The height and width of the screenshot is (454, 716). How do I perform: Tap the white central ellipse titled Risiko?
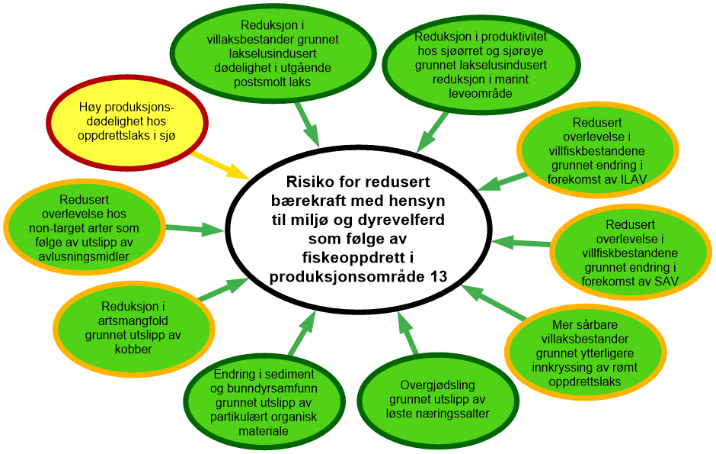(x=358, y=229)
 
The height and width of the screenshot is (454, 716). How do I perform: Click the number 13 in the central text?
(x=439, y=276)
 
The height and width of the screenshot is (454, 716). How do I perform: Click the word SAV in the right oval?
(x=664, y=282)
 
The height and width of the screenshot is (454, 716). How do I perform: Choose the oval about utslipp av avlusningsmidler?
(x=85, y=226)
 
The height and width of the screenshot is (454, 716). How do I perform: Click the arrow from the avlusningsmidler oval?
(x=196, y=228)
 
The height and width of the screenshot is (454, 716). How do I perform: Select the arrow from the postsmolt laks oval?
(x=306, y=124)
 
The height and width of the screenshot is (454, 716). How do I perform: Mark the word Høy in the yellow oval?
(x=91, y=106)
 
